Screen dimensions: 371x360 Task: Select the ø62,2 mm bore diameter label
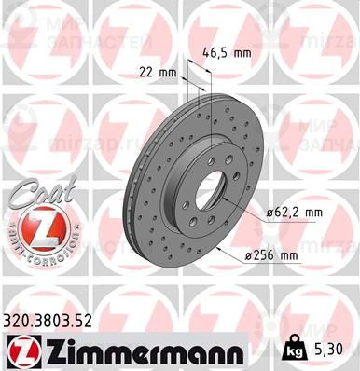pos(295,213)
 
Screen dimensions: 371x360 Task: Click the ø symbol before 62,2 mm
pos(270,213)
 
